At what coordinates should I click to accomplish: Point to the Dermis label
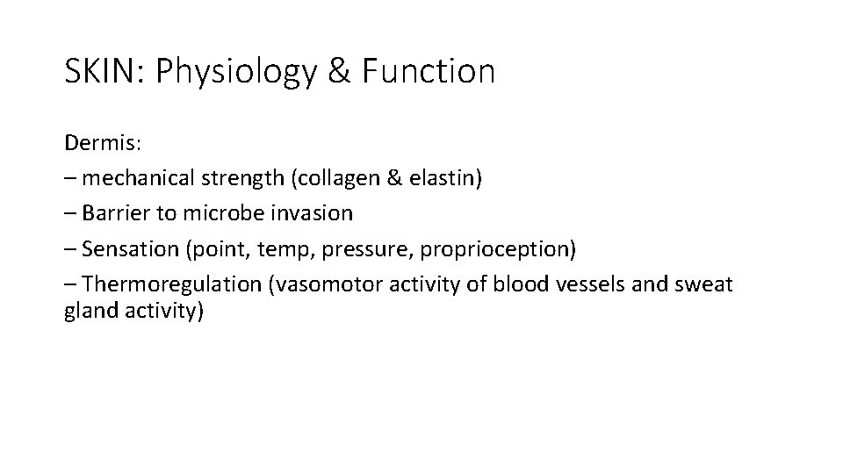pos(97,142)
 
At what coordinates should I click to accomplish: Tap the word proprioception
pos(497,250)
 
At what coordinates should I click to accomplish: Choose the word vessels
pos(585,284)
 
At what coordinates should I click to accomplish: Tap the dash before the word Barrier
pos(70,213)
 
